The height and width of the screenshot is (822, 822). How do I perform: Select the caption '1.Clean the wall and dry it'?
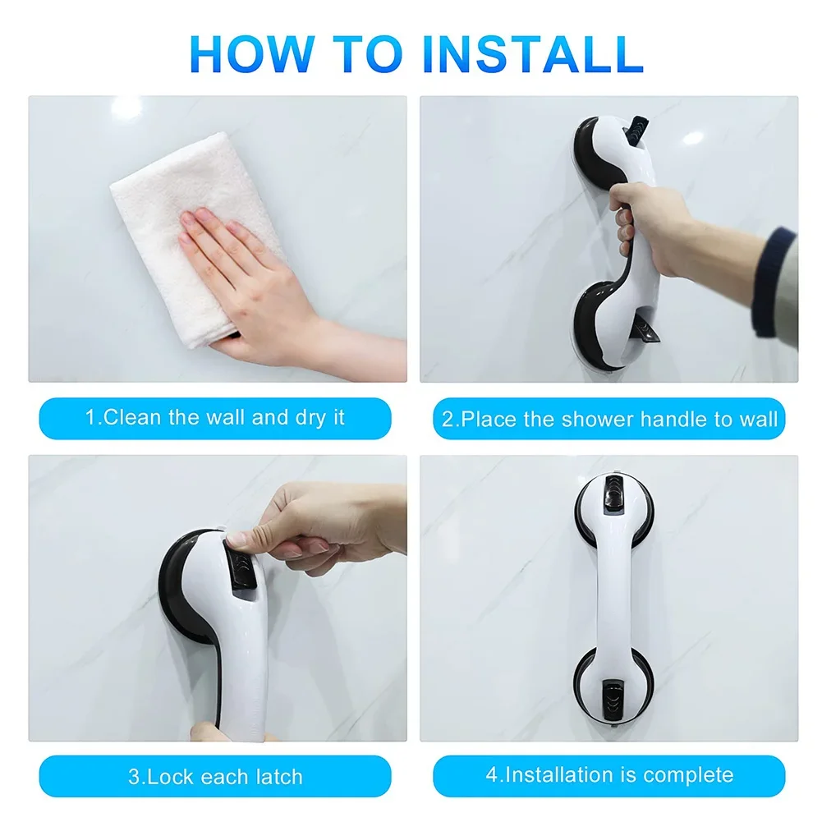[x=215, y=418]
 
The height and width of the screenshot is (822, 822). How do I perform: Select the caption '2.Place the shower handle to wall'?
[x=609, y=420]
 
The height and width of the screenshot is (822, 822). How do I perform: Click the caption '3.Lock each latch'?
[x=215, y=776]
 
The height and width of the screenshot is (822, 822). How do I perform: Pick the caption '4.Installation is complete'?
[x=609, y=774]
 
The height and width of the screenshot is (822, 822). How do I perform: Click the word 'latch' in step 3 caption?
[x=275, y=776]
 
